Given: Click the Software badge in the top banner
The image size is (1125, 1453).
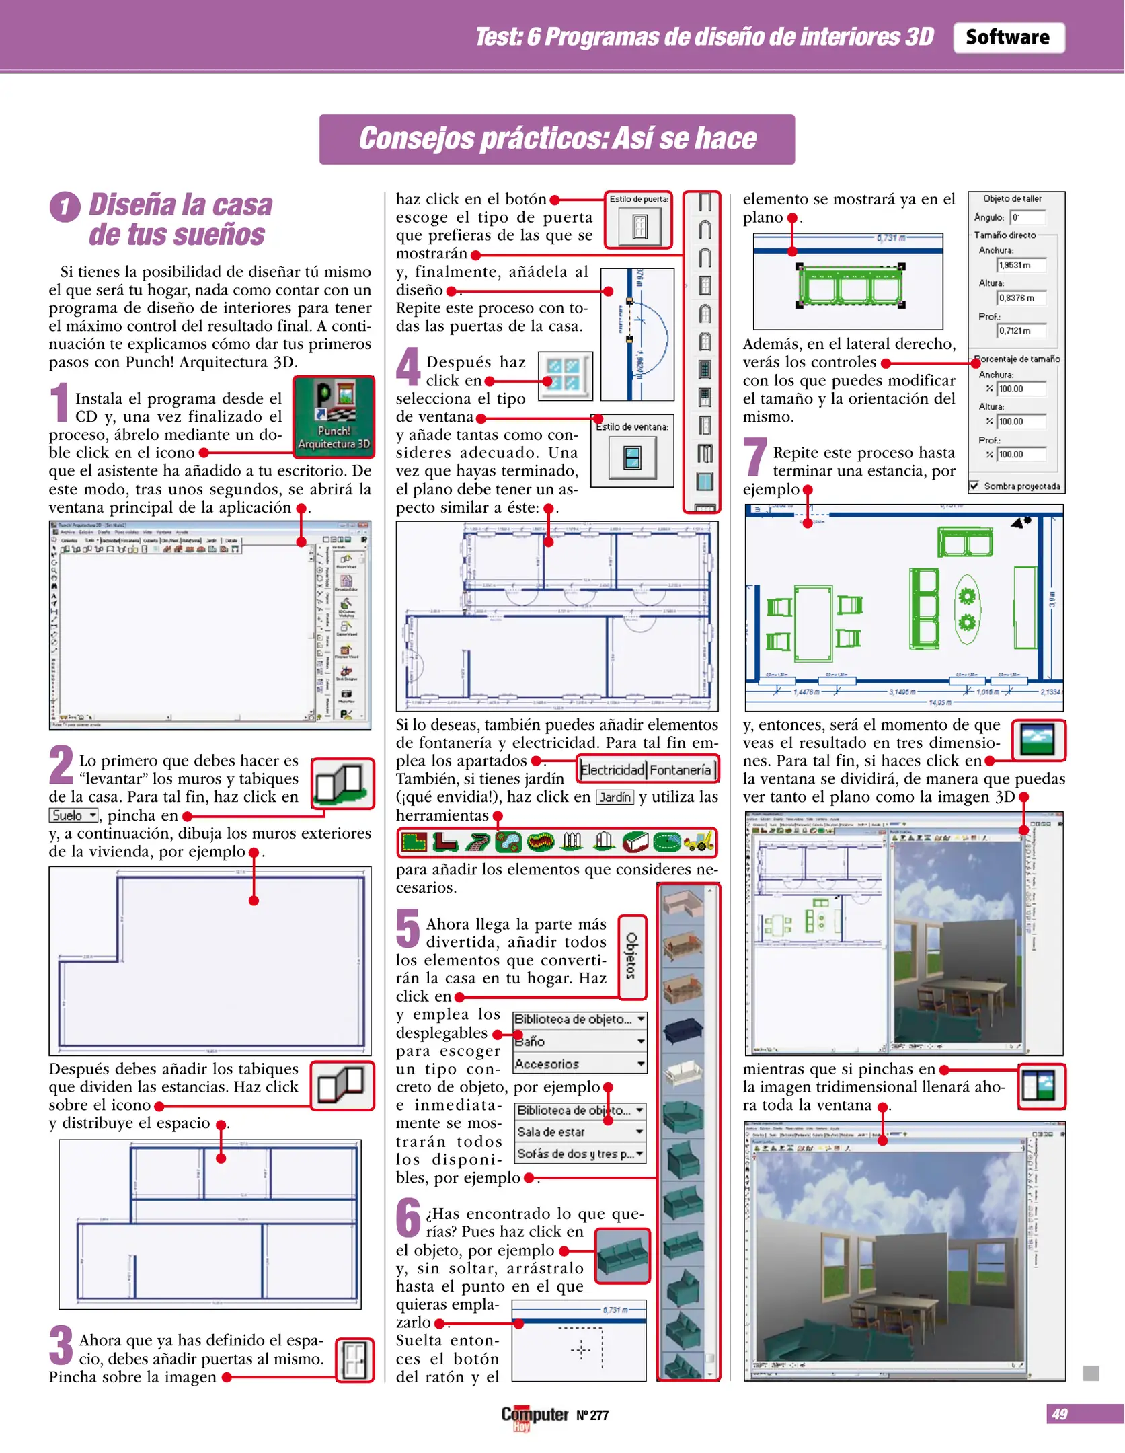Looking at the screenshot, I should [1008, 38].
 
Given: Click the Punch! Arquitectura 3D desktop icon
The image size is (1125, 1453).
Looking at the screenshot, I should [334, 416].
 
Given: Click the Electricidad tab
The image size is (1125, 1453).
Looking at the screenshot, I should [611, 770].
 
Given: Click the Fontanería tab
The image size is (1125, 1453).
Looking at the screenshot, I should [681, 770].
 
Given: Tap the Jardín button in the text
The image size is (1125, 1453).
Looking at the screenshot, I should [615, 797].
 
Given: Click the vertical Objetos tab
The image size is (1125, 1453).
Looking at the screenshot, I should [631, 956].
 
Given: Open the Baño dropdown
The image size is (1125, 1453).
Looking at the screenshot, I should [579, 1041].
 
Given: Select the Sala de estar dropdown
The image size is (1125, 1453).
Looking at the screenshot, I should [580, 1132].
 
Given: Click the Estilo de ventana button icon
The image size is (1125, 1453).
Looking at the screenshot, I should [632, 457].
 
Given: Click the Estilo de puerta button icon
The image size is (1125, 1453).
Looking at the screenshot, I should [639, 227].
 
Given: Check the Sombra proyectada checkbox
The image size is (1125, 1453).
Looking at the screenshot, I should [974, 486].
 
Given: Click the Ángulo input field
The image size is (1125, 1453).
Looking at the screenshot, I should [1028, 217].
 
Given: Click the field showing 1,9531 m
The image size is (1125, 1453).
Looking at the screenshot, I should [1021, 265].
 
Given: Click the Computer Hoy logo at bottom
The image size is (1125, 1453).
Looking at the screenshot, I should [535, 1415].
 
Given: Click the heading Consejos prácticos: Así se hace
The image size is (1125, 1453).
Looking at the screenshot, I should [557, 139].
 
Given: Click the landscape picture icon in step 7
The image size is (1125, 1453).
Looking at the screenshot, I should [1037, 741].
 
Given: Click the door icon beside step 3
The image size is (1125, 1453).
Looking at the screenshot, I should [354, 1359].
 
